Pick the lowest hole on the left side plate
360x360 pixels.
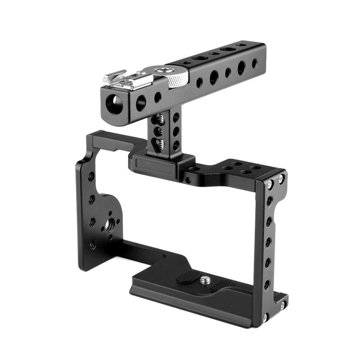point(93,245)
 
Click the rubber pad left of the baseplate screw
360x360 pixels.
point(188,278)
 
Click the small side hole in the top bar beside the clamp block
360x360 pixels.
point(188,180)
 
